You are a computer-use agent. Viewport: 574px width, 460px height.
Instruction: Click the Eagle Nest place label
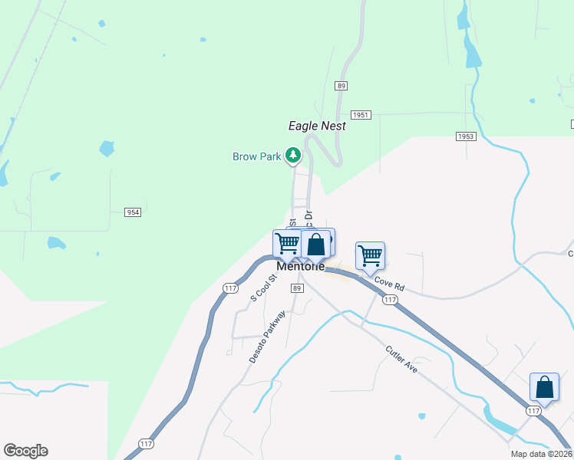[x=317, y=126]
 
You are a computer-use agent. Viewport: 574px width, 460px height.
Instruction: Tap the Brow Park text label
[x=257, y=156]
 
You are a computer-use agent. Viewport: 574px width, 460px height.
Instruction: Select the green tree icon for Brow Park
[x=292, y=156]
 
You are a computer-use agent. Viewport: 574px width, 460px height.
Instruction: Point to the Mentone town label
[x=301, y=266]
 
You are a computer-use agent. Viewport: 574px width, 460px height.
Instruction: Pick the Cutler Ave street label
[x=401, y=359]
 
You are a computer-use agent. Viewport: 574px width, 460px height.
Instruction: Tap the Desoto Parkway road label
[x=267, y=337]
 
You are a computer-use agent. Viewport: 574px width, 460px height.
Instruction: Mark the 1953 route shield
[x=466, y=136]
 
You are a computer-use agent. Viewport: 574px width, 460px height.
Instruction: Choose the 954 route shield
[x=132, y=212]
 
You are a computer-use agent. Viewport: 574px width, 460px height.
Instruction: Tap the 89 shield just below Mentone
[x=297, y=287]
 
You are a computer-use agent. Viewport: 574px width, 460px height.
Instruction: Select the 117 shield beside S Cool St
[x=230, y=287]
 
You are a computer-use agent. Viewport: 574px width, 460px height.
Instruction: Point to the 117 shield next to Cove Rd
[x=390, y=300]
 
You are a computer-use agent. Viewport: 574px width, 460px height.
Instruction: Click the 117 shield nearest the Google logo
[x=146, y=443]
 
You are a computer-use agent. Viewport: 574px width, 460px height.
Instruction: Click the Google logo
[x=25, y=451]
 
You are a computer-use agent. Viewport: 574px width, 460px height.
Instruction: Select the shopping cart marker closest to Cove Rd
[x=370, y=255]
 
